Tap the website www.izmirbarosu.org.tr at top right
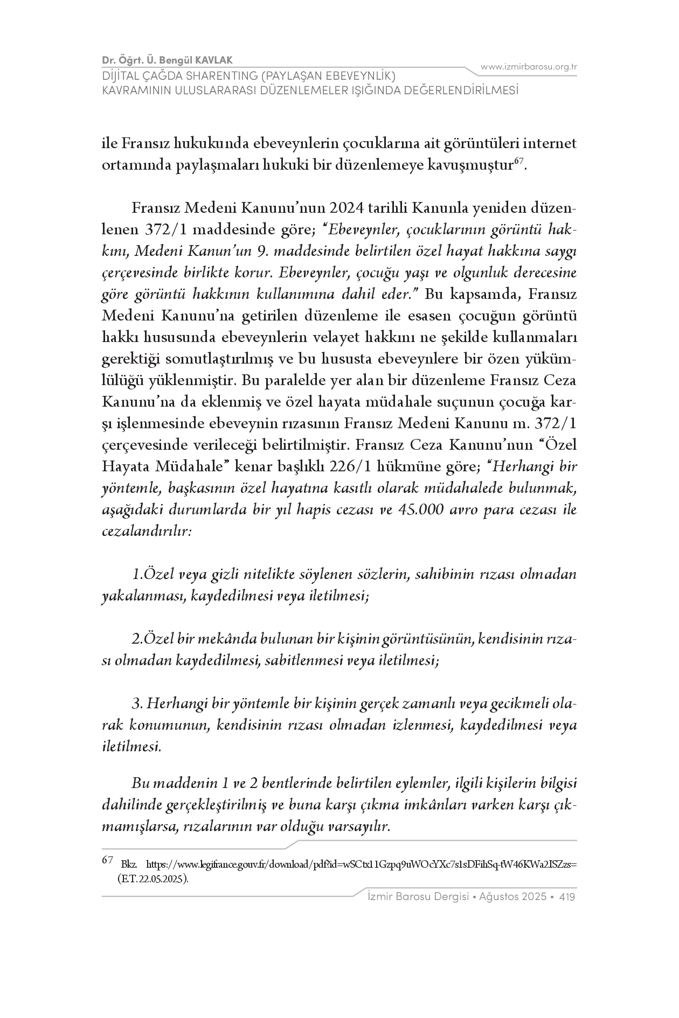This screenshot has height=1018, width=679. coord(529,67)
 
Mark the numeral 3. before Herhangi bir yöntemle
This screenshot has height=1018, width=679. coord(137,703)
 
